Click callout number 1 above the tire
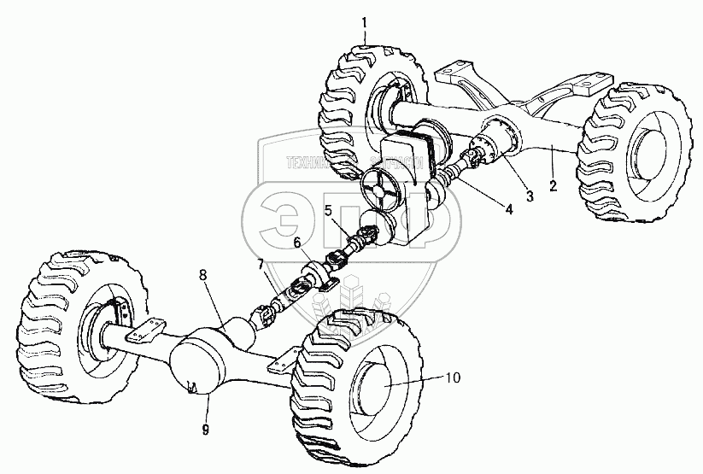tap(365, 20)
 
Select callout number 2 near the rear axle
tap(553, 184)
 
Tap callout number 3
tap(529, 197)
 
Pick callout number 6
tap(298, 243)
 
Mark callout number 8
tap(203, 274)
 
